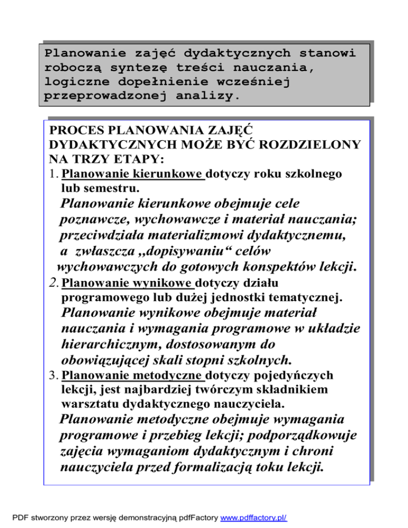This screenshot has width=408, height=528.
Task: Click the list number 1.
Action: (x=51, y=174)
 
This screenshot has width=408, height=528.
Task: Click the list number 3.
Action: (x=51, y=376)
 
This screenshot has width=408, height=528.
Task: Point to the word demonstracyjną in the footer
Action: (x=125, y=516)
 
